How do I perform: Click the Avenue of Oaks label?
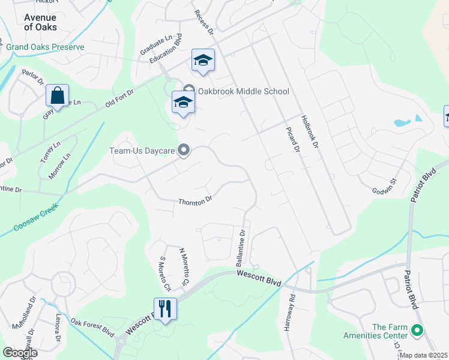tap(40, 22)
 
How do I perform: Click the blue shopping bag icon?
tap(57, 96)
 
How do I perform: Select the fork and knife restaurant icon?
tap(165, 309)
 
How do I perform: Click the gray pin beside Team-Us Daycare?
tap(184, 151)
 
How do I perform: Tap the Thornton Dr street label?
tap(195, 200)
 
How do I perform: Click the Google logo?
tap(20, 353)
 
